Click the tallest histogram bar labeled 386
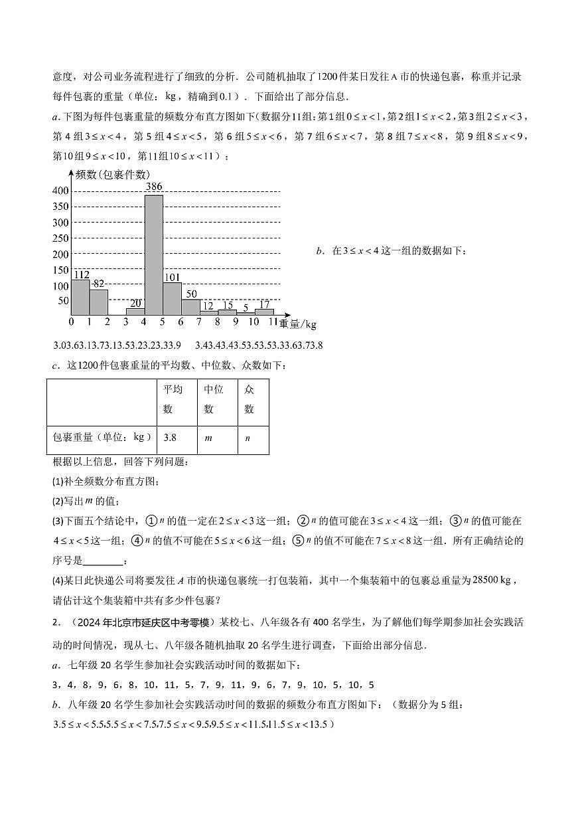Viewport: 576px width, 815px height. coord(154,254)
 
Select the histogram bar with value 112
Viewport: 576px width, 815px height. coord(80,297)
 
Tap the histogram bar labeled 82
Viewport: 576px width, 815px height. coord(98,302)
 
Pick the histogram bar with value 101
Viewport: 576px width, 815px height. coord(173,298)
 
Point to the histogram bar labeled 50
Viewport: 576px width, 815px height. coord(191,307)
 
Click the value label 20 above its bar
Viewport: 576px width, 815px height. coord(135,304)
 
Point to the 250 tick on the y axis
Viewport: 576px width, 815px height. coord(61,239)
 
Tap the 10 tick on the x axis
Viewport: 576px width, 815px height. coord(253,322)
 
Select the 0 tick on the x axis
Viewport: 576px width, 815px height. coord(71,322)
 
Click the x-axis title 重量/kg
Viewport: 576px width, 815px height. coord(298,324)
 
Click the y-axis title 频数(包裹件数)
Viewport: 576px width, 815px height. coord(113,175)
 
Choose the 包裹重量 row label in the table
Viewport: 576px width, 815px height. coord(100,437)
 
